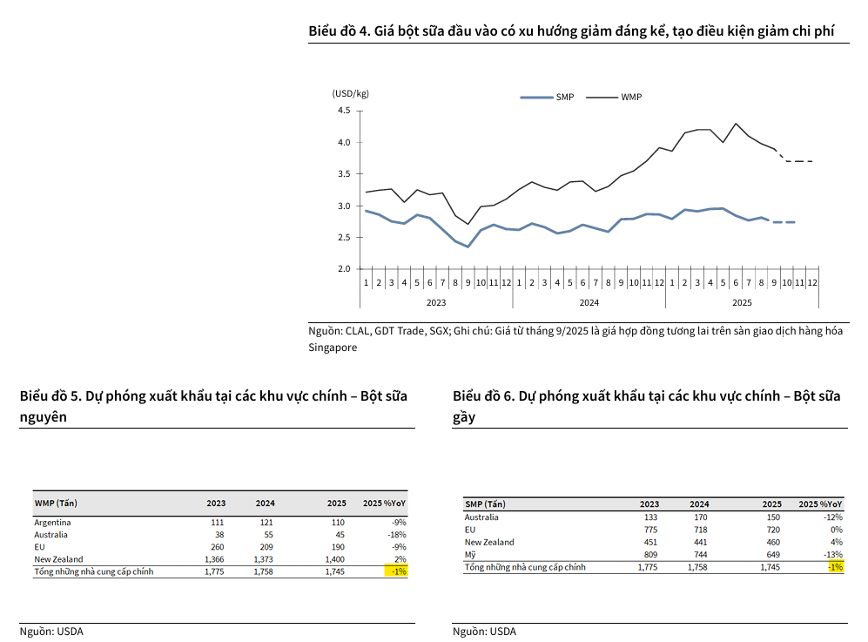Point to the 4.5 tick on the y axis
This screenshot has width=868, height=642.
pos(343,111)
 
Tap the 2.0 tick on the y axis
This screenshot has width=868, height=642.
pos(343,269)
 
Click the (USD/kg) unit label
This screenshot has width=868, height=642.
pos(350,93)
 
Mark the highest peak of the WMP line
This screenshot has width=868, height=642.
pos(736,123)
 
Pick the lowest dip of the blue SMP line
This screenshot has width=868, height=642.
pos(468,247)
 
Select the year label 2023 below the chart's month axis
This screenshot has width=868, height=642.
pos(436,302)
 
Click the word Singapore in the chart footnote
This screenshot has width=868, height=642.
pos(333,347)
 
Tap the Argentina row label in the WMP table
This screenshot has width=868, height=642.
pos(51,522)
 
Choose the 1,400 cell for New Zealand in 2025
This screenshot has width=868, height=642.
pos(335,558)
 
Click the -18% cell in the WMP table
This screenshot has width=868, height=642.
pos(396,534)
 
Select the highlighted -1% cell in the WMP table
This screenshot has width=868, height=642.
pos(396,571)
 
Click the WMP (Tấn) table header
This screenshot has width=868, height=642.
pos(56,503)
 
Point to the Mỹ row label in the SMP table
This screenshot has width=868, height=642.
pos(471,555)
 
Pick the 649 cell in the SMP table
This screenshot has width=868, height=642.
pos(771,555)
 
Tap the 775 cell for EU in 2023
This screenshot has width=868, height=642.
pos(649,530)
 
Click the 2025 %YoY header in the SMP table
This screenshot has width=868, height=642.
pos(820,503)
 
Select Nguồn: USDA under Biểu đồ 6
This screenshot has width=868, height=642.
pos(484,632)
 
